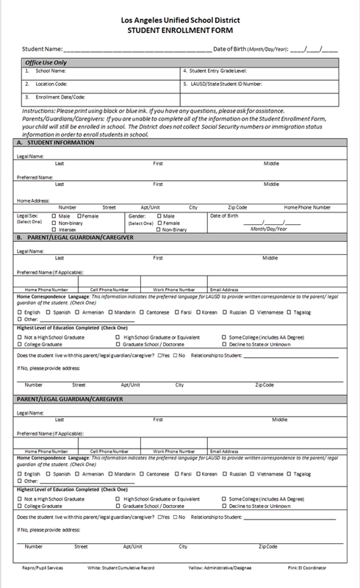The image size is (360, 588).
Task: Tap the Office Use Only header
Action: (x=46, y=63)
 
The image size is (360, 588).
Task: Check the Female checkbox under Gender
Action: (x=160, y=223)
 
